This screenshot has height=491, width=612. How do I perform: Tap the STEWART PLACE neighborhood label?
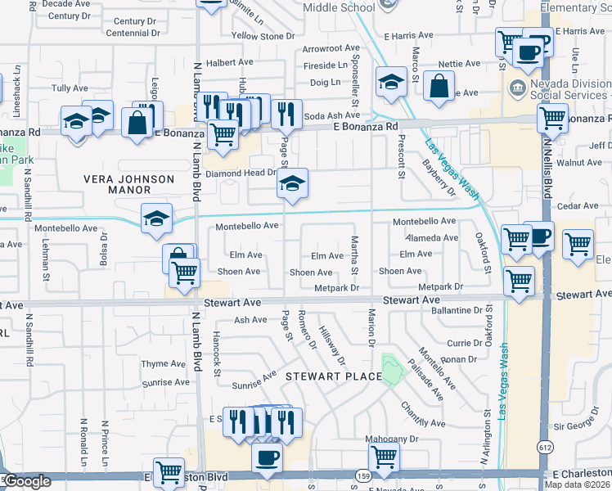[334, 376]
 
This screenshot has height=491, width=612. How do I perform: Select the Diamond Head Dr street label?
[241, 173]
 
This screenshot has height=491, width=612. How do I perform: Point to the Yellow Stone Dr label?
[263, 36]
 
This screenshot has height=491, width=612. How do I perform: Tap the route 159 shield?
[362, 475]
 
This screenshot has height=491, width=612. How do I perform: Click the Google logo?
[26, 481]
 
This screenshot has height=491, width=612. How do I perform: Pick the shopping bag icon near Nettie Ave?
[439, 85]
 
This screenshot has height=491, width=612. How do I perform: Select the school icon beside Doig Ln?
[392, 81]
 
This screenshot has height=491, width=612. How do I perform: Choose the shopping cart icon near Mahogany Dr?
[383, 456]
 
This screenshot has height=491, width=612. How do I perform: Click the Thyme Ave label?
[164, 364]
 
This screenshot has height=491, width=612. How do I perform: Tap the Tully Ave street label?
[70, 88]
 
